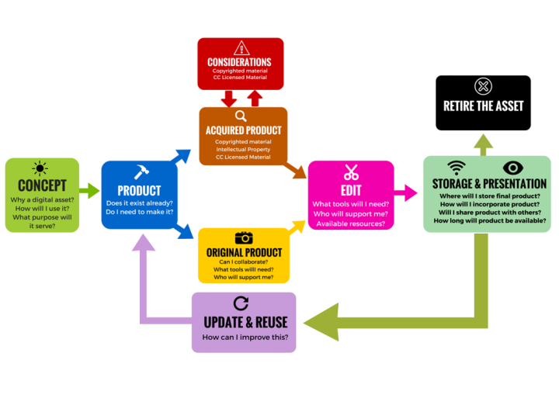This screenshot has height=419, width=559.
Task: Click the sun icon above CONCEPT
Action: (40, 168)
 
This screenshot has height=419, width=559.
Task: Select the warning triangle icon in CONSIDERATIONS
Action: (241, 48)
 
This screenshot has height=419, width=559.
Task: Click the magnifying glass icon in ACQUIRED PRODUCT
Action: (241, 116)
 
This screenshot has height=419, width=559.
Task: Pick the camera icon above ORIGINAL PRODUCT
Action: (244, 237)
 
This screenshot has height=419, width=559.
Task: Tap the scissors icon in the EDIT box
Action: (351, 172)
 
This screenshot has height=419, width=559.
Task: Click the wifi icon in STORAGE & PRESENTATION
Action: (457, 168)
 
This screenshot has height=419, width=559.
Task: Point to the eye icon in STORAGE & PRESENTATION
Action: (513, 168)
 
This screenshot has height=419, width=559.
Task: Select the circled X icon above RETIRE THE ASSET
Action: (483, 86)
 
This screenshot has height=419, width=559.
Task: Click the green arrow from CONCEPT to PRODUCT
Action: (89, 190)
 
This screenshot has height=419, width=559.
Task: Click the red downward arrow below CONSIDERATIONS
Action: (228, 99)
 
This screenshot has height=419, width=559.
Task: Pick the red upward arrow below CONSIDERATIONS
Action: (254, 98)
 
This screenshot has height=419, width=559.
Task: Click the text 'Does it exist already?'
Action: (140, 203)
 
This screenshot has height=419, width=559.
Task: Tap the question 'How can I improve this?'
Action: (244, 338)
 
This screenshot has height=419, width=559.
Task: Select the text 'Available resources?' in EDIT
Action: (351, 223)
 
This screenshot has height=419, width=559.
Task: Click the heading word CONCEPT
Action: (42, 186)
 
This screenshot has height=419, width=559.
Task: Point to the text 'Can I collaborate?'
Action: (244, 261)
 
